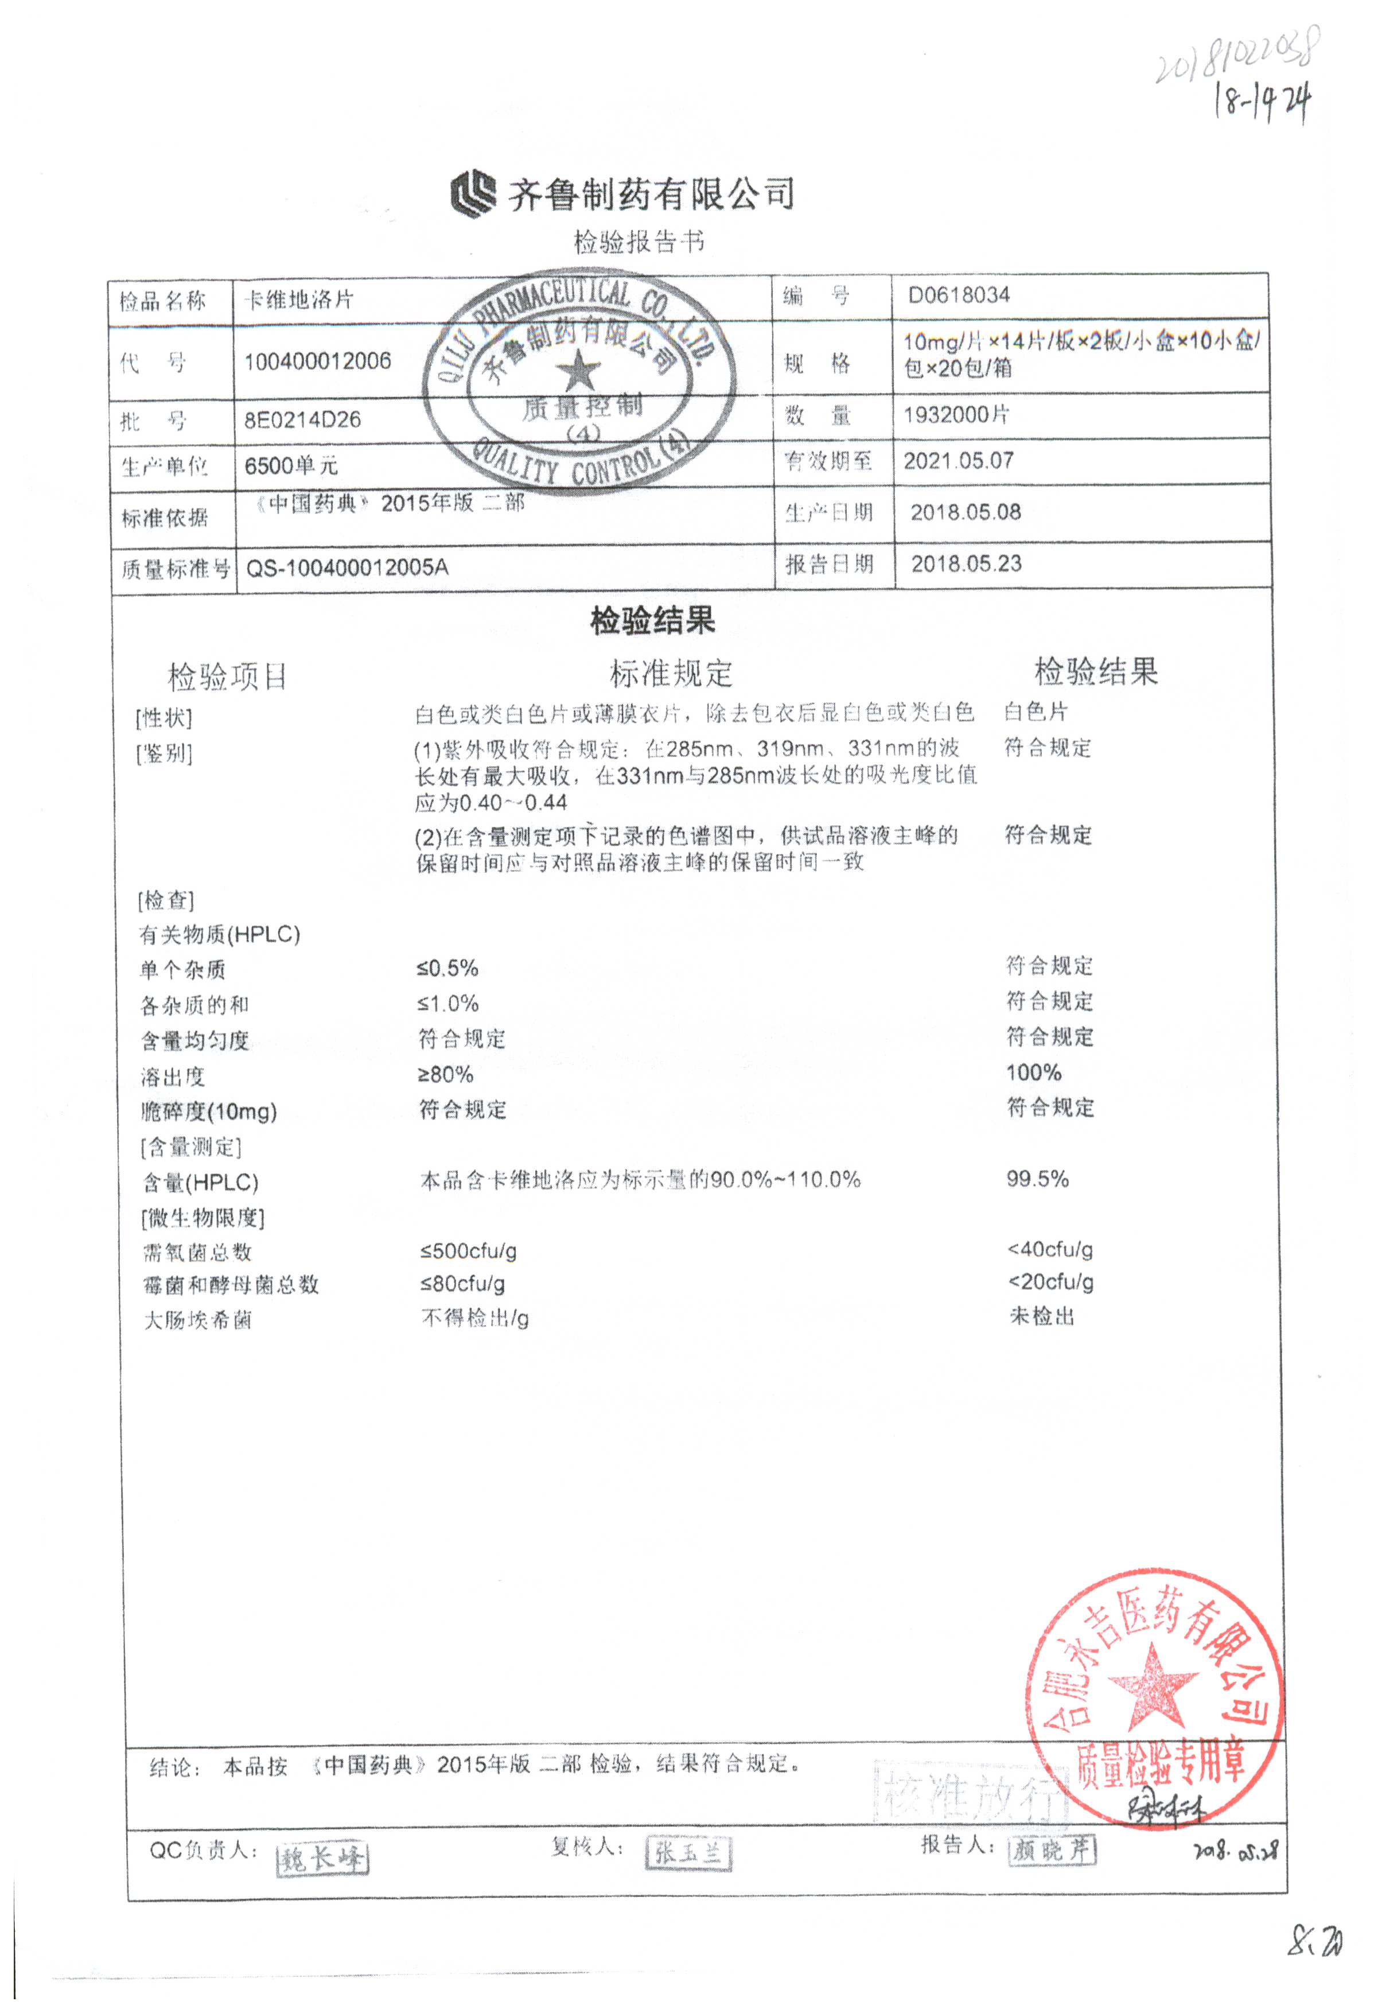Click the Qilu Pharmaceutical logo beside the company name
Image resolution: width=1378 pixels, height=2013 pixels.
(x=473, y=194)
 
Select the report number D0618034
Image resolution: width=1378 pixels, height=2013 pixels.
(x=958, y=296)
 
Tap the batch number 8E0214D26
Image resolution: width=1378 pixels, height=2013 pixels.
(x=302, y=420)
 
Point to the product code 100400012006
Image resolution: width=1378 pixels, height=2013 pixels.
(x=317, y=361)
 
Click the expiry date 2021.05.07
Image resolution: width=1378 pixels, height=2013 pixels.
(x=958, y=461)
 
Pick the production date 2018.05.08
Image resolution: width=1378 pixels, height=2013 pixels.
(x=965, y=512)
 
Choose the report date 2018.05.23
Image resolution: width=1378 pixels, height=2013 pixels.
(x=966, y=564)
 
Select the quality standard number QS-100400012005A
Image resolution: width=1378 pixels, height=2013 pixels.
(x=347, y=568)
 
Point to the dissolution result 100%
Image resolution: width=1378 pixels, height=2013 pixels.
(x=1033, y=1072)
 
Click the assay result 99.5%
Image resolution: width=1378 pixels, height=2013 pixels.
(x=1037, y=1179)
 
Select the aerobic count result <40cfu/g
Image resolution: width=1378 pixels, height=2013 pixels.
(x=1050, y=1249)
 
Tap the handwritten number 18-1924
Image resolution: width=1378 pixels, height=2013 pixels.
(x=1263, y=102)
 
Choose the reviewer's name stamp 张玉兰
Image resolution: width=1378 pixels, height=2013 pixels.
(x=688, y=1853)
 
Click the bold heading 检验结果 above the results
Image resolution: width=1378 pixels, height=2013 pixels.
(x=652, y=620)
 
